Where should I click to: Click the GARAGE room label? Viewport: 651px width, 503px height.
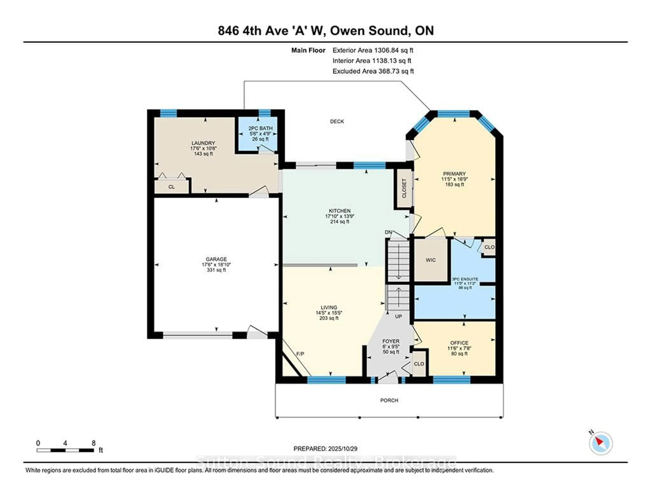(216, 259)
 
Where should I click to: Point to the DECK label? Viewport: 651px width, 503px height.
(337, 121)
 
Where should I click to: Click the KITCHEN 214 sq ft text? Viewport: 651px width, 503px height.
(340, 221)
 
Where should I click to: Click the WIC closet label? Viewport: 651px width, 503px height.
(430, 260)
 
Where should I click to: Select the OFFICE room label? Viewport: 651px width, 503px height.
(459, 343)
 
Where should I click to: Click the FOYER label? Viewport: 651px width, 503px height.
(391, 341)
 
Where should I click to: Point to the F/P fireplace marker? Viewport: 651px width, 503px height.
(300, 354)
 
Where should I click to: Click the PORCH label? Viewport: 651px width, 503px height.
(389, 400)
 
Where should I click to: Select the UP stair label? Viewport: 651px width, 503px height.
(399, 317)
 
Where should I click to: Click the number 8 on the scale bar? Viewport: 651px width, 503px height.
(94, 443)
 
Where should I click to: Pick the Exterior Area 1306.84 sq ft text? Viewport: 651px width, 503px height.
(373, 50)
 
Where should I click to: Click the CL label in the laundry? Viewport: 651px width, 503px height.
(171, 187)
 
